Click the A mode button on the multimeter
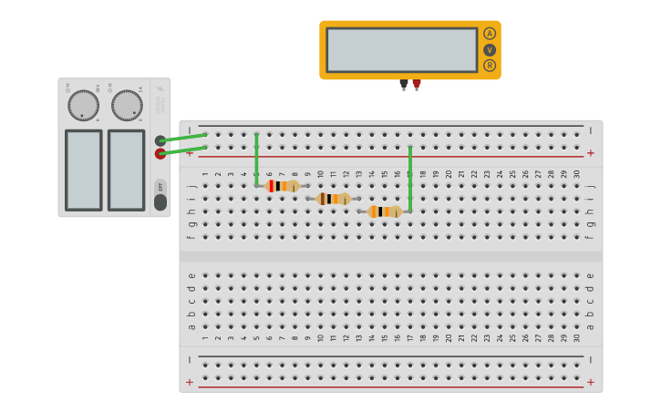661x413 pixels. (490, 34)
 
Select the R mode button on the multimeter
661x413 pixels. (490, 65)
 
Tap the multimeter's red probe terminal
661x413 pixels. (417, 84)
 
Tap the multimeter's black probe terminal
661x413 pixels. (404, 84)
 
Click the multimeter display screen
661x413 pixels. (401, 49)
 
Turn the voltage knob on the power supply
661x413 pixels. (83, 105)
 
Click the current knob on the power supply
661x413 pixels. (127, 105)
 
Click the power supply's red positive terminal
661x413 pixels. (160, 153)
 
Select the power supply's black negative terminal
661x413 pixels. (160, 140)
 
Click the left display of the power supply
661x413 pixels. (84, 170)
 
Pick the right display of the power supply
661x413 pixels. (126, 170)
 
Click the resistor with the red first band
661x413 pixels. (282, 186)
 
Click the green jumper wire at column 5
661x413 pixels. (257, 160)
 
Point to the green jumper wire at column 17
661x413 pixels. (410, 178)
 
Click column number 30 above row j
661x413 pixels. (576, 173)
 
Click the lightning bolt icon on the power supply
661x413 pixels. (160, 89)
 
